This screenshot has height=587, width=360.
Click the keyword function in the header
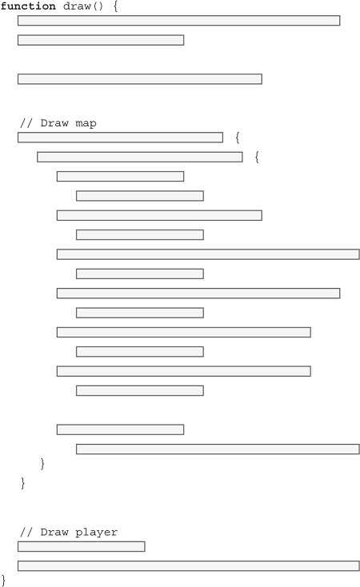(28, 6)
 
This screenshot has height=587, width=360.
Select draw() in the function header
(82, 6)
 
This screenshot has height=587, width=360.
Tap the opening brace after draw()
(116, 6)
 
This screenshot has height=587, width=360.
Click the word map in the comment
(86, 123)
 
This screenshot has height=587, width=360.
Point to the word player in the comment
(96, 533)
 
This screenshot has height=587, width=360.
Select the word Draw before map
(54, 123)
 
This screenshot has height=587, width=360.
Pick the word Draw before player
(54, 532)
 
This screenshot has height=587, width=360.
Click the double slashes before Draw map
(26, 123)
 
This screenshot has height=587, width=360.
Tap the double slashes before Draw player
(26, 532)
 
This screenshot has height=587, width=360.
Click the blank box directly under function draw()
(178, 21)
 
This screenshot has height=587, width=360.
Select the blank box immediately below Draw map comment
(120, 138)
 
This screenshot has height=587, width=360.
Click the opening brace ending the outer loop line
(238, 138)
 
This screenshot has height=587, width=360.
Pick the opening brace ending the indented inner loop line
(257, 158)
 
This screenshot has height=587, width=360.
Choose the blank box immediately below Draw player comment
(82, 546)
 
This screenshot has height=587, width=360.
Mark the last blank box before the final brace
(189, 566)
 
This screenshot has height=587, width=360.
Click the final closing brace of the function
(4, 581)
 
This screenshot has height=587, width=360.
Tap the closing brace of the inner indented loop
(42, 464)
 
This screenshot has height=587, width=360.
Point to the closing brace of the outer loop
(23, 483)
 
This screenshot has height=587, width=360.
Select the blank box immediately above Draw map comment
(140, 79)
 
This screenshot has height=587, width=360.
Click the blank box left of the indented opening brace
(140, 157)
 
